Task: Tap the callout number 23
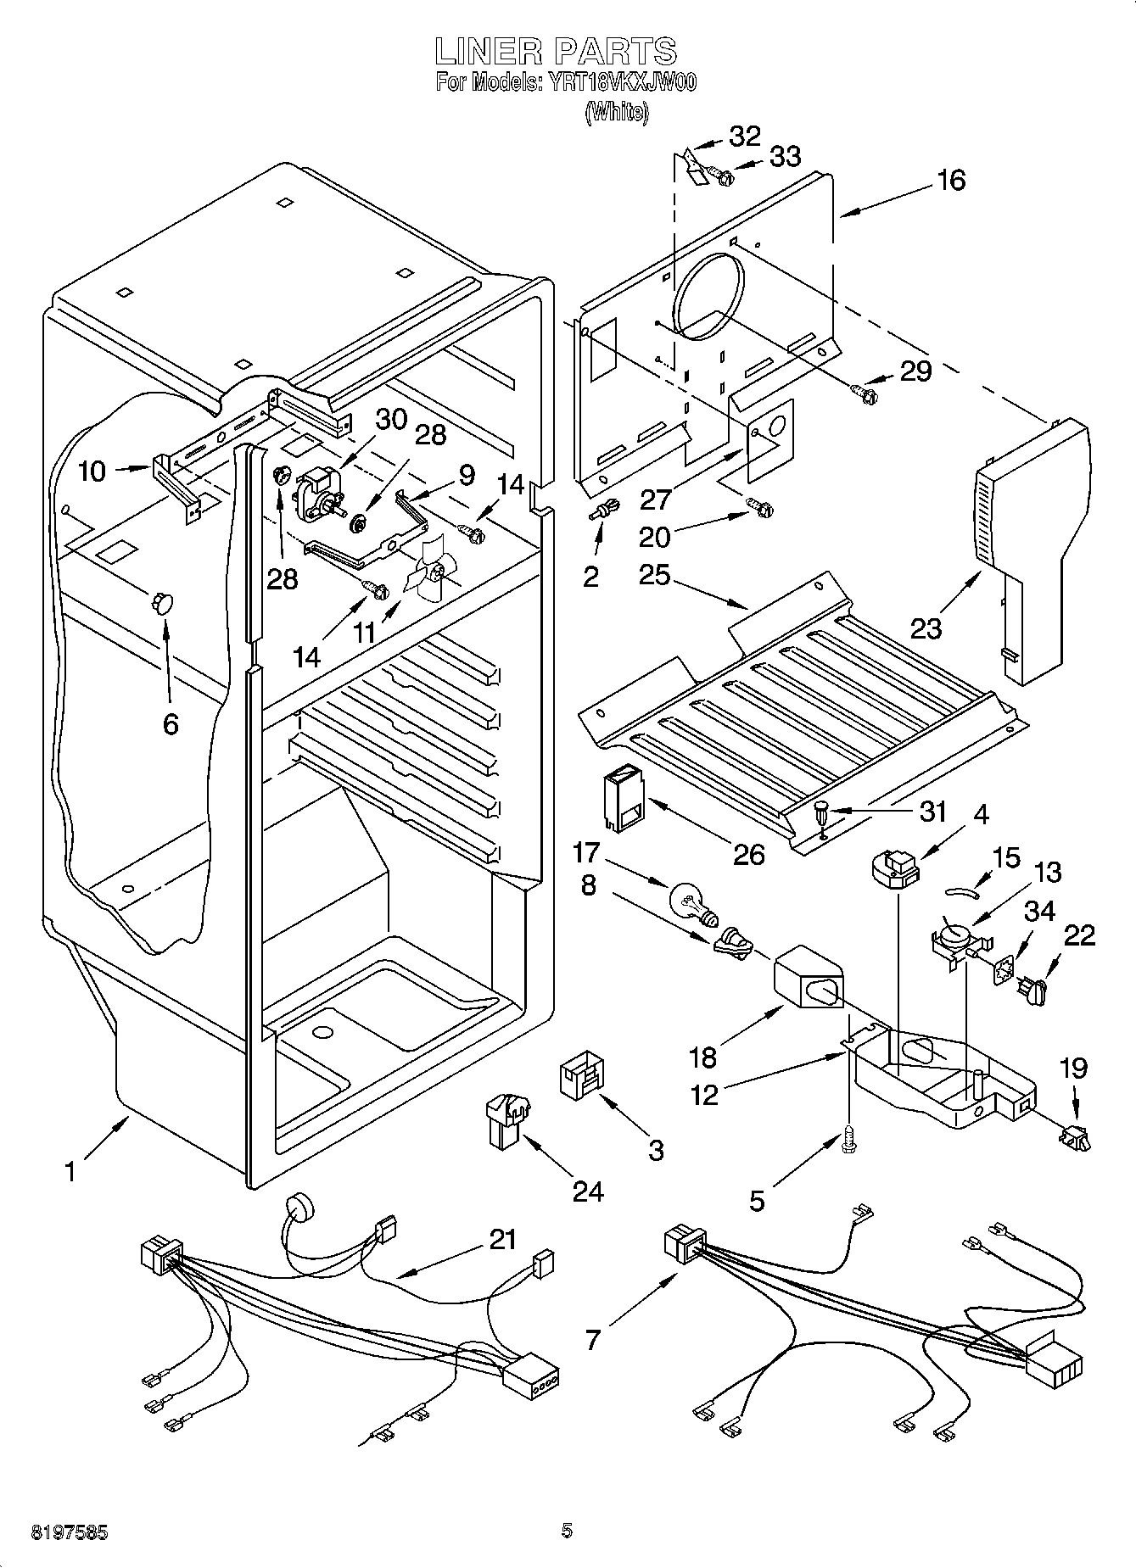coord(926,628)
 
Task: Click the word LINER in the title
coord(487,52)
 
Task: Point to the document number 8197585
coord(70,1532)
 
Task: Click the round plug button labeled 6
coord(161,602)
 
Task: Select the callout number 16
coord(951,180)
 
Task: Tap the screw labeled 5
coord(848,1141)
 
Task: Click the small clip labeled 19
coord(1074,1137)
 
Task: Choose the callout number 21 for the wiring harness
coord(502,1239)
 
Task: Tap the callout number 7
coord(592,1340)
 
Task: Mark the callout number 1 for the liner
coord(70,1171)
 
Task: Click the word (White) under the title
coord(617,112)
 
